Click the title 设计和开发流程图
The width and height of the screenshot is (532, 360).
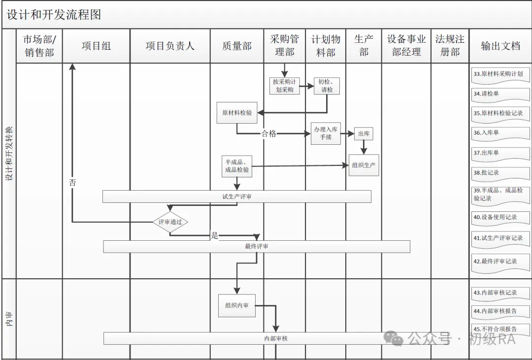(x=54, y=15)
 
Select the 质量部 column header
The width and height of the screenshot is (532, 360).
(x=237, y=46)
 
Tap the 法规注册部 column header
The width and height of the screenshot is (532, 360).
(x=450, y=45)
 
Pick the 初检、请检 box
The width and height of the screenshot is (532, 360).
(x=327, y=86)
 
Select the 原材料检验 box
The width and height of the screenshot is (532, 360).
(x=237, y=113)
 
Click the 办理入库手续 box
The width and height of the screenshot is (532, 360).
(x=326, y=133)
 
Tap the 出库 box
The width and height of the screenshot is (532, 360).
(x=364, y=133)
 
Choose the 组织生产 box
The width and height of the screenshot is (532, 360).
(x=364, y=165)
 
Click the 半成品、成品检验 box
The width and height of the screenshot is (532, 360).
(x=237, y=166)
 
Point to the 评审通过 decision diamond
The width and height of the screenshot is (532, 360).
(x=170, y=222)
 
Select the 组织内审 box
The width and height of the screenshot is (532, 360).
(x=237, y=305)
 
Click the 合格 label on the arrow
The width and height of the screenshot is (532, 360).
(x=269, y=133)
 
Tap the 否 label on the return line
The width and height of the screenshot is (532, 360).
(x=72, y=182)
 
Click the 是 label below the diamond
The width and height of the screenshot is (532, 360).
(x=214, y=235)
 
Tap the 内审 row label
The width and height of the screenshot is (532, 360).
(x=9, y=319)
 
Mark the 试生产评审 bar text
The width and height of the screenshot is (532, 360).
(x=237, y=196)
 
